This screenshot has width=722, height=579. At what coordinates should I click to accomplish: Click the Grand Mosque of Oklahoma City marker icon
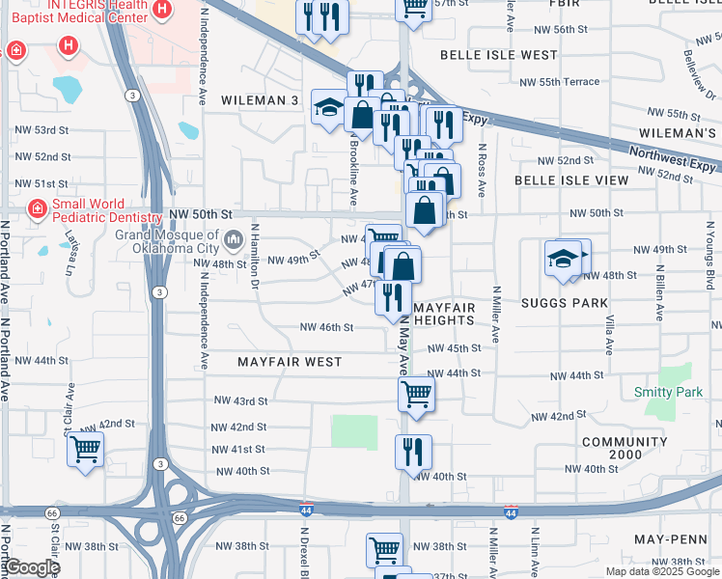(x=233, y=238)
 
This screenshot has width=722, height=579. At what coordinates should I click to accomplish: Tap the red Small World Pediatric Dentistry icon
(x=38, y=207)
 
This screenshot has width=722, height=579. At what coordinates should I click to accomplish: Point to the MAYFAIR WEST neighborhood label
(x=290, y=362)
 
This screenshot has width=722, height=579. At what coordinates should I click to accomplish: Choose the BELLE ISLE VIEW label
(x=571, y=180)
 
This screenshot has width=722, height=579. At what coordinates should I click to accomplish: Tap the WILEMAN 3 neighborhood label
(x=260, y=100)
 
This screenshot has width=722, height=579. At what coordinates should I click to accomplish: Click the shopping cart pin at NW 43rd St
(x=416, y=393)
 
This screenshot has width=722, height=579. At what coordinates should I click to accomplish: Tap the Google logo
(x=31, y=567)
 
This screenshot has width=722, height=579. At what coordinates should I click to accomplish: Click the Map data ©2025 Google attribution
(x=661, y=571)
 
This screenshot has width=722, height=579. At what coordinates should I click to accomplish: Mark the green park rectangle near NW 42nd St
(x=354, y=431)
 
